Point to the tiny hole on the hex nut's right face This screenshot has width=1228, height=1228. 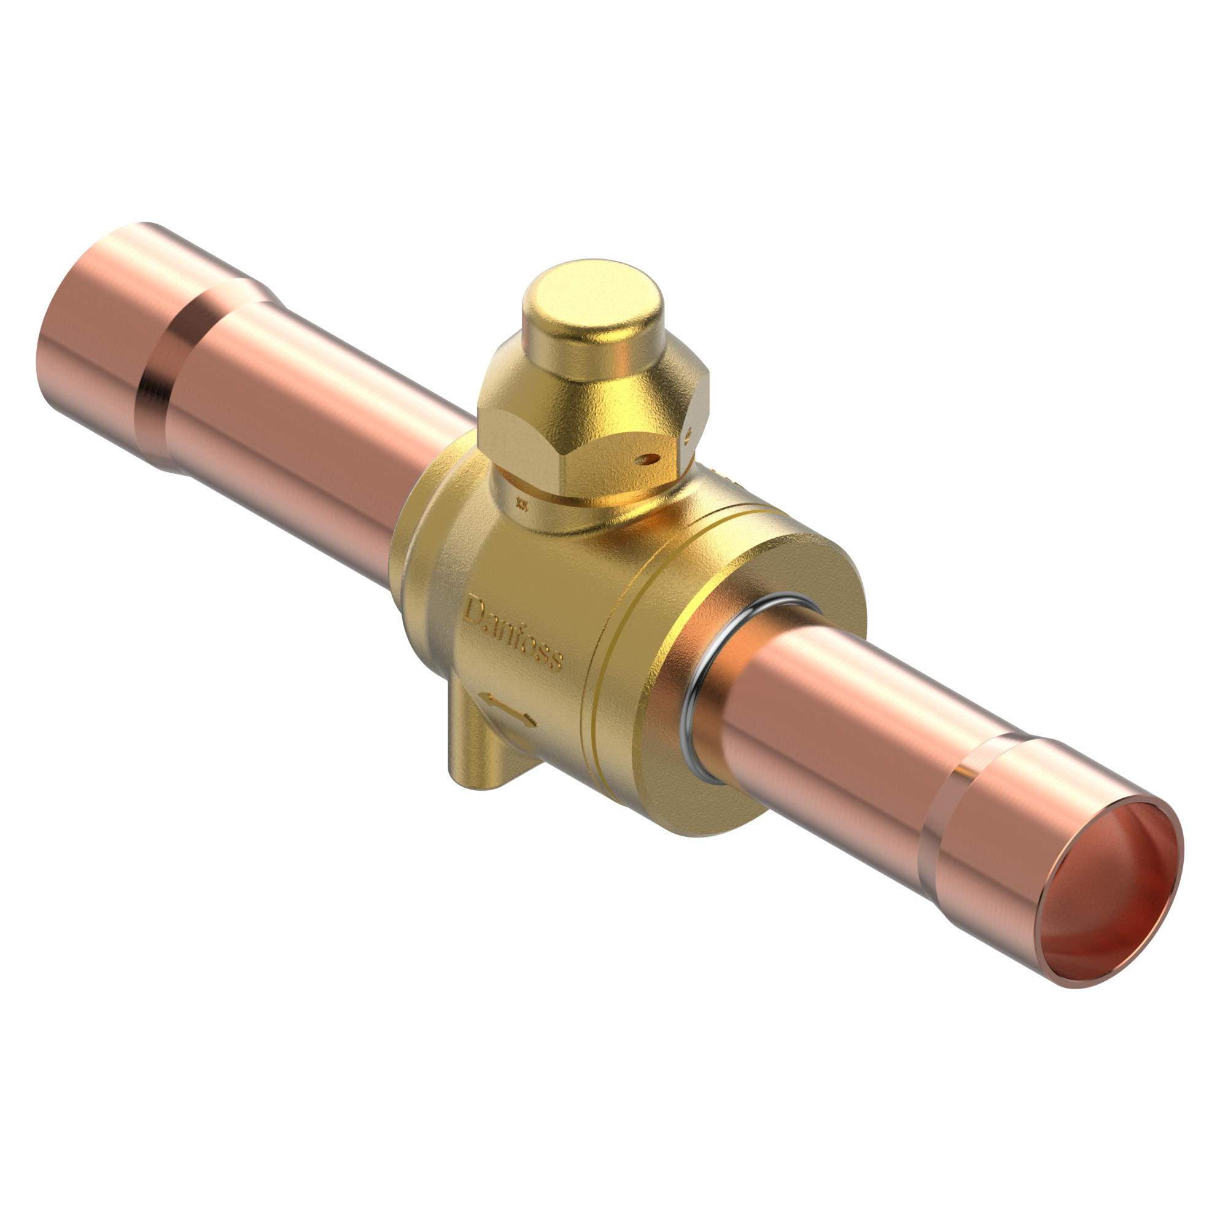[x=688, y=437]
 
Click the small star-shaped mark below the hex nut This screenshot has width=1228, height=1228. [x=523, y=505]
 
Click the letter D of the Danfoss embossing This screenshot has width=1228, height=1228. [x=473, y=612]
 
